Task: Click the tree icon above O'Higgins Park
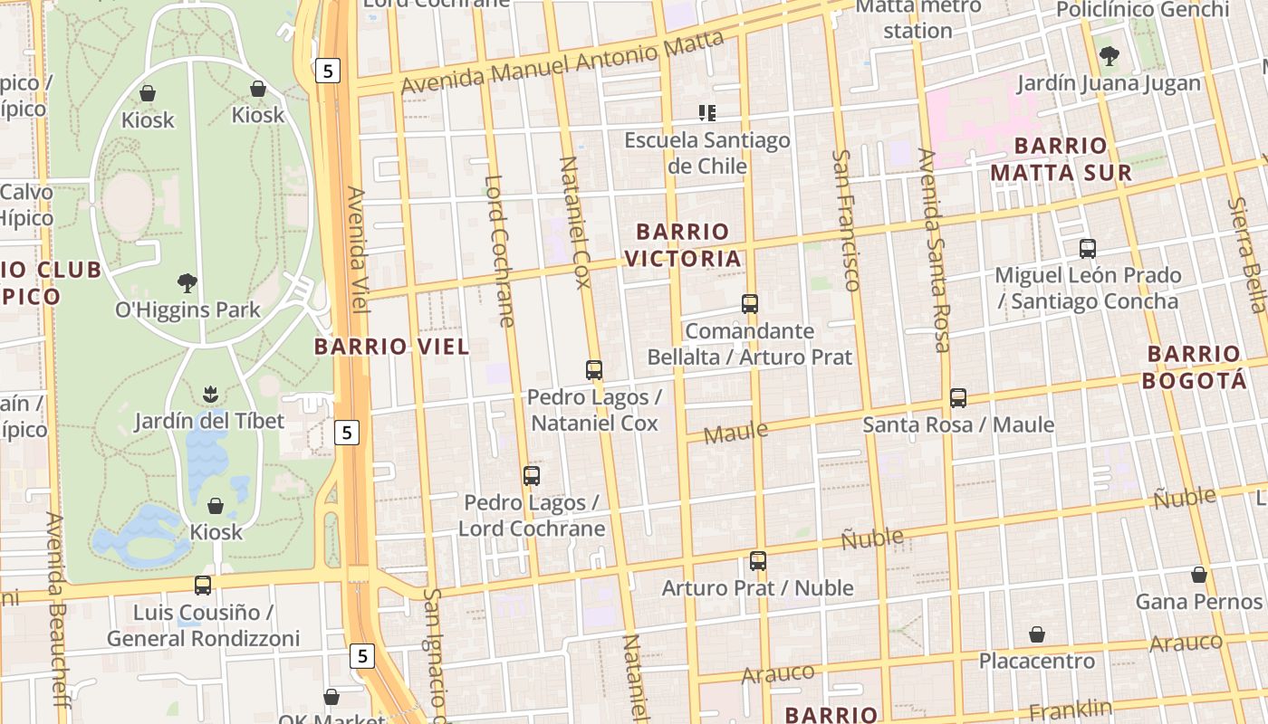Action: click(187, 283)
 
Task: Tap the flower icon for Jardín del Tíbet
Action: click(210, 394)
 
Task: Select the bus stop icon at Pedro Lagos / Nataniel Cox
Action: click(594, 369)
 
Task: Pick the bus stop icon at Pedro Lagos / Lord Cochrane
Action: click(532, 475)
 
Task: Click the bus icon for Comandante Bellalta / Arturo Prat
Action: click(750, 304)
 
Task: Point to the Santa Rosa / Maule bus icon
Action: click(958, 397)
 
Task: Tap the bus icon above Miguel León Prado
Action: click(1088, 248)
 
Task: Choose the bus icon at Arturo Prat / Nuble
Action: click(758, 561)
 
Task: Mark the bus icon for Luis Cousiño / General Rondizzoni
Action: click(203, 586)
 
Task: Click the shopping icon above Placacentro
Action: click(1037, 634)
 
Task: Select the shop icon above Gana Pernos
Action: click(1199, 575)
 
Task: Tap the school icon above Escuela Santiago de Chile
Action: click(707, 113)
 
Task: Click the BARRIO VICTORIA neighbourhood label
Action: click(684, 245)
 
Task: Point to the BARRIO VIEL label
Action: click(392, 346)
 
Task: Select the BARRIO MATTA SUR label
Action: click(1061, 158)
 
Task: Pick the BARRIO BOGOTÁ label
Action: click(1194, 367)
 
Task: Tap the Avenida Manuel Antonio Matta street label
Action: click(562, 62)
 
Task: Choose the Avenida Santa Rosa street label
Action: click(934, 249)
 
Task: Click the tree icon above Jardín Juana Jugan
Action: click(1109, 56)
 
